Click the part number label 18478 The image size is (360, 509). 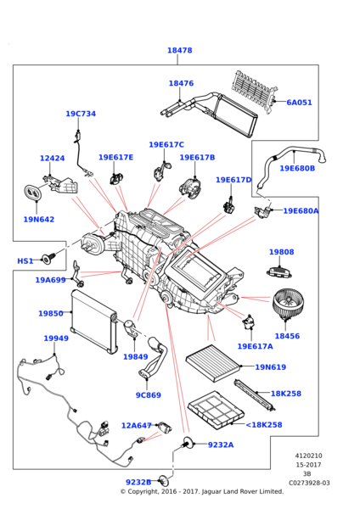[179, 51]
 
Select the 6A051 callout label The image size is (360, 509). [299, 103]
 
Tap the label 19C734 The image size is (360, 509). [81, 114]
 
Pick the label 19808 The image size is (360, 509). [281, 252]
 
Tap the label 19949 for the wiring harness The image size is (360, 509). [56, 338]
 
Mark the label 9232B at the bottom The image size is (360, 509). [162, 482]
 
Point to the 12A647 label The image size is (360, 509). [136, 426]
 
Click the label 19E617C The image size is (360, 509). [166, 145]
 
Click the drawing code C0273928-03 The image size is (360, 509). [308, 483]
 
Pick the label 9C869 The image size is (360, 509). [148, 395]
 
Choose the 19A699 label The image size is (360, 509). [50, 280]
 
